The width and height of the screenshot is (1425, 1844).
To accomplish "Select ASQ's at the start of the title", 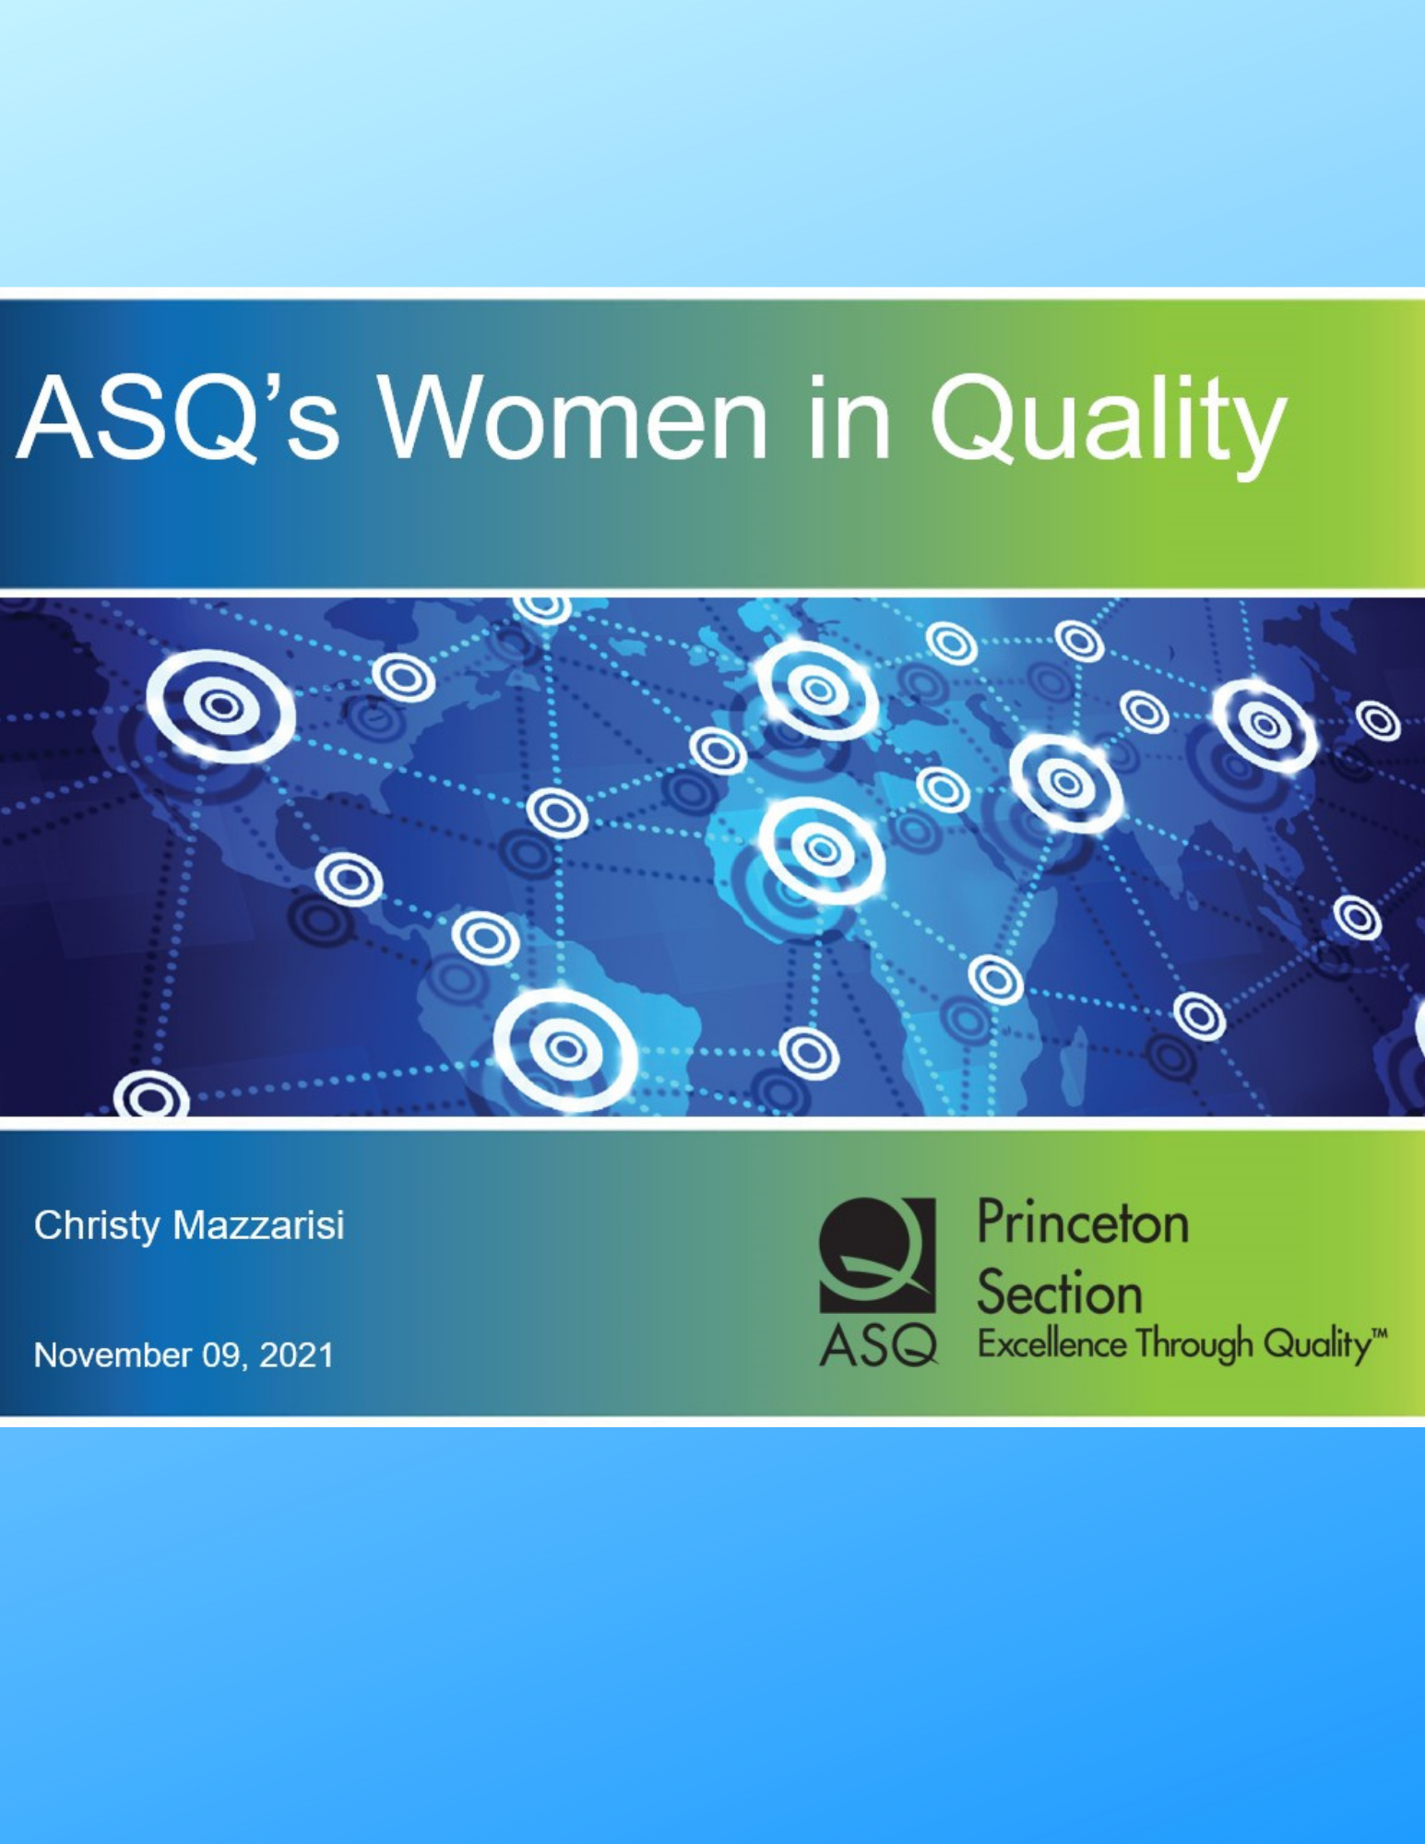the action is (x=179, y=419).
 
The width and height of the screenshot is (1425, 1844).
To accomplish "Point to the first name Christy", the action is (x=97, y=1226).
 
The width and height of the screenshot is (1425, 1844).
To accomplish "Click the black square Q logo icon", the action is (x=878, y=1255).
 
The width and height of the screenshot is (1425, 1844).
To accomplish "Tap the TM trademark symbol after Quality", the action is (x=1378, y=1333).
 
